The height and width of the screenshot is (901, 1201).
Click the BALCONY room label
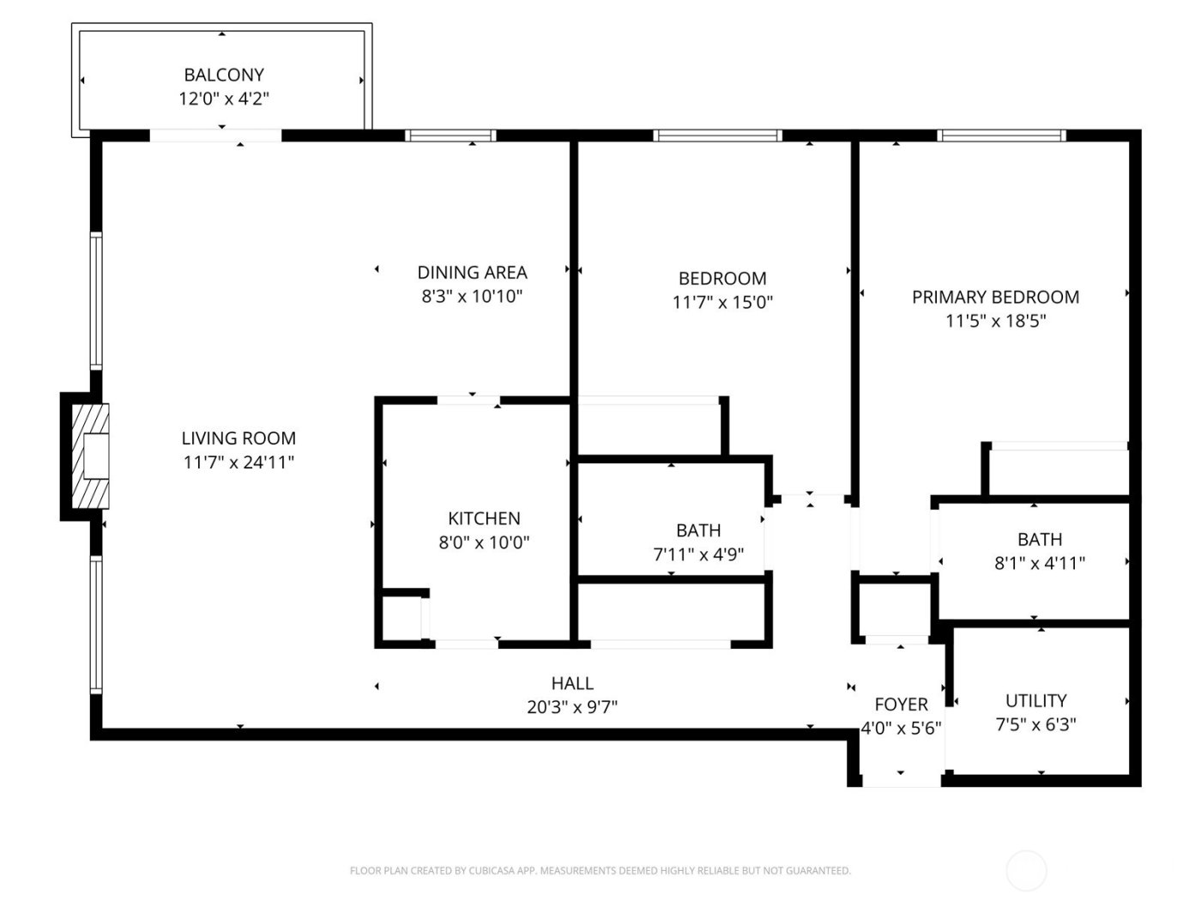click(x=224, y=75)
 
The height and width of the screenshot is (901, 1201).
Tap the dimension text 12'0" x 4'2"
click(x=224, y=99)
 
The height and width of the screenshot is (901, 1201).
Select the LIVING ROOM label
click(x=238, y=438)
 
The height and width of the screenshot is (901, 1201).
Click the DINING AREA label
click(x=472, y=273)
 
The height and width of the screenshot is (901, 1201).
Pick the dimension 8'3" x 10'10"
click(x=472, y=297)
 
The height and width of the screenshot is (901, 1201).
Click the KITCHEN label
click(x=484, y=518)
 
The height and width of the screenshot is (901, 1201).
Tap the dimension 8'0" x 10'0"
click(x=484, y=542)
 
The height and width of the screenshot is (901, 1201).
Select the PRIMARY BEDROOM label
click(x=995, y=297)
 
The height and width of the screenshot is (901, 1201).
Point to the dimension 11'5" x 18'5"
click(x=995, y=321)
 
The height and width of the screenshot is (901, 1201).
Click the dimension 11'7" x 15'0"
click(x=722, y=302)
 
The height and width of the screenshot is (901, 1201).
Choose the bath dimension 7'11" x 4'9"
click(x=698, y=554)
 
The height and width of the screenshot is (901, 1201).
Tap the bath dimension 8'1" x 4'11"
click(x=1040, y=563)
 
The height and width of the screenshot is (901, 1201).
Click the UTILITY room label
click(x=1035, y=700)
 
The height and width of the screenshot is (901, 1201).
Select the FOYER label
click(x=901, y=704)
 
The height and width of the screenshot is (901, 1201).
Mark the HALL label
click(x=572, y=683)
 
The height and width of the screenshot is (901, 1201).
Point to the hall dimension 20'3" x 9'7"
click(x=572, y=707)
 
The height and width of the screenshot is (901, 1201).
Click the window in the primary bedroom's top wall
click(x=1001, y=136)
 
